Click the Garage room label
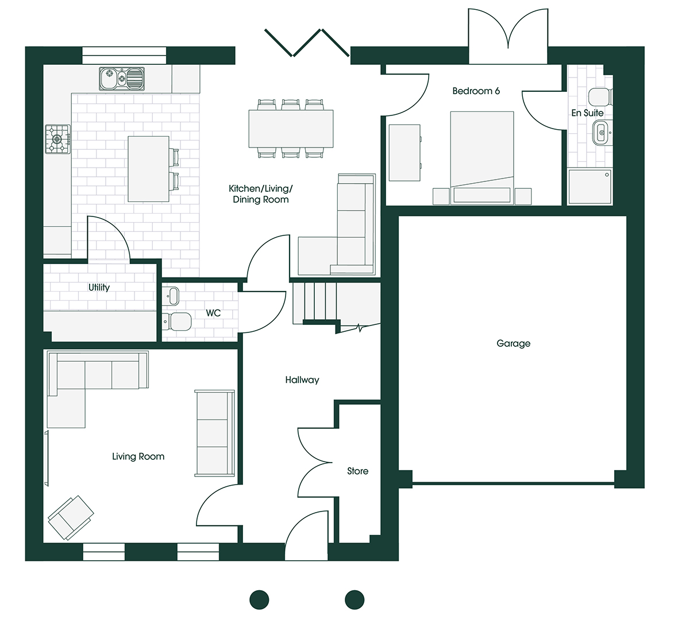513,343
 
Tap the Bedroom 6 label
476,91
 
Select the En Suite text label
587,113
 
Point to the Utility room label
99,287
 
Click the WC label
213,313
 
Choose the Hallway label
302,380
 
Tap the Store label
357,471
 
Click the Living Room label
138,457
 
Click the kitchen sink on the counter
121,79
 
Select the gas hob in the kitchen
58,139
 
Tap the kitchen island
148,169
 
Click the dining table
291,129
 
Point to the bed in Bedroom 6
482,158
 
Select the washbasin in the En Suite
601,132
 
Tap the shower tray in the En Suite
590,187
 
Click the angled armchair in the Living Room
71,518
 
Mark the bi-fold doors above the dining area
307,43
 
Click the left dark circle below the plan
260,600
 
